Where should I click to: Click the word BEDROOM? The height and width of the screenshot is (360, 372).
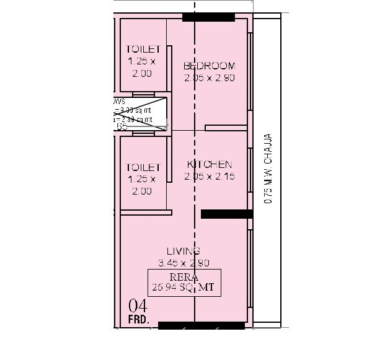209,66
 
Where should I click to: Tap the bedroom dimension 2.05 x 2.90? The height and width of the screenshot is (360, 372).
209,78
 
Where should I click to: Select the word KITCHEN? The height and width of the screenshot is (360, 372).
210,165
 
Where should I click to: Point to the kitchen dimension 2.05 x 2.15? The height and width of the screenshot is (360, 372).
209,177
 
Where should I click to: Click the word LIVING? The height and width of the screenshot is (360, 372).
184,251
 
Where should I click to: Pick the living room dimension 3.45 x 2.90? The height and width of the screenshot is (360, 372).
184,263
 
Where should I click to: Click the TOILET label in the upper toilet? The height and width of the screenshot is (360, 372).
143,49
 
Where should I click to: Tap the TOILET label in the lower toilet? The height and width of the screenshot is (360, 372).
143,167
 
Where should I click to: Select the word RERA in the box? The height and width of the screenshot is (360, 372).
184,277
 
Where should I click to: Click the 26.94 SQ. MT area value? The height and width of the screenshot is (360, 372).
184,288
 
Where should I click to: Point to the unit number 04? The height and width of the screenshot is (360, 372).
138,305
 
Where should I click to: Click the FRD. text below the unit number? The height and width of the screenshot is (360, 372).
138,319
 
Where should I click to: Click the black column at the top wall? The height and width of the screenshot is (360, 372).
209,17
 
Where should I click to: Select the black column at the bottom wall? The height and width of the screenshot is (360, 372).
201,325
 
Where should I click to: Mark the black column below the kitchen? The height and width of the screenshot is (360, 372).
226,214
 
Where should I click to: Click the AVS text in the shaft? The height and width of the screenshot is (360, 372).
118,100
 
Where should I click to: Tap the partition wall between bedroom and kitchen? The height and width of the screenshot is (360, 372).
226,128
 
